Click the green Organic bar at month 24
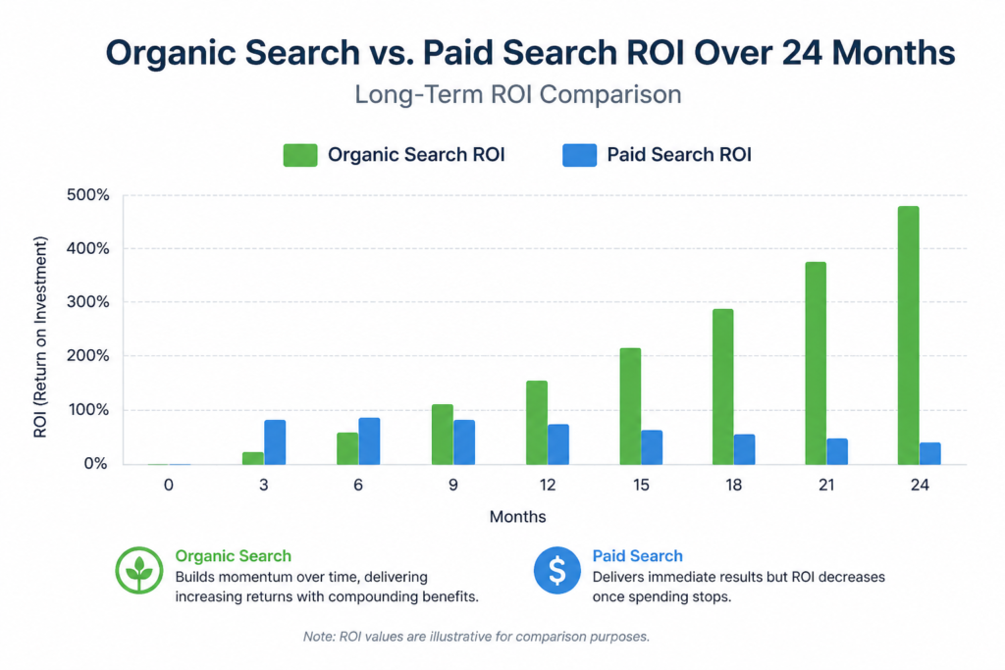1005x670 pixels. click(908, 335)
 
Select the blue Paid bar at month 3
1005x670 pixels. click(275, 441)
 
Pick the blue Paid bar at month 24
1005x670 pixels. click(929, 453)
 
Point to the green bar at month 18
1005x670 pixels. click(722, 387)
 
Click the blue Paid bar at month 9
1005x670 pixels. click(464, 441)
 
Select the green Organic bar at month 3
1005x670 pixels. click(253, 458)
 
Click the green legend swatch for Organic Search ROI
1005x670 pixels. click(300, 155)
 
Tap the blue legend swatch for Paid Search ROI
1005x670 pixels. click(579, 155)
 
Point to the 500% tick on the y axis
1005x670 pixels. click(88, 194)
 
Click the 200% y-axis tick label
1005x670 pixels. click(88, 356)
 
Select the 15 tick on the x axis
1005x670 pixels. click(639, 485)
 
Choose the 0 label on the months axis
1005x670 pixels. click(169, 485)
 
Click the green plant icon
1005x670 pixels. click(138, 570)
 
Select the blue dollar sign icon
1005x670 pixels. click(556, 570)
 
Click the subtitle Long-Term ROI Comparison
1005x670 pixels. click(518, 95)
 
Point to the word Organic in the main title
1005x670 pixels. click(176, 53)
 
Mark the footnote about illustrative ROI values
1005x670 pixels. click(476, 637)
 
